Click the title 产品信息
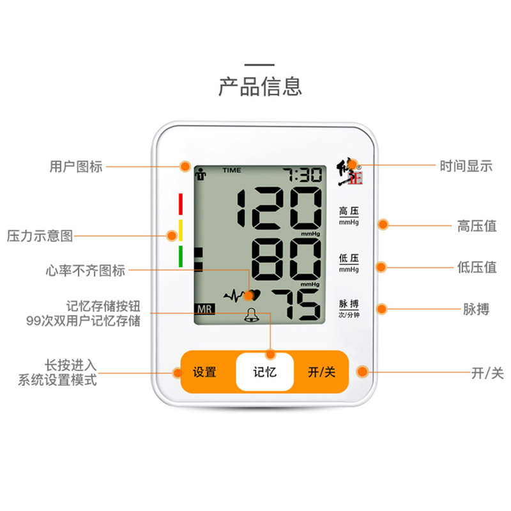click(260, 86)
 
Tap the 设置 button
click(204, 372)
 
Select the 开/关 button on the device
click(321, 372)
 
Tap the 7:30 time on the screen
click(303, 175)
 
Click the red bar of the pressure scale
click(181, 204)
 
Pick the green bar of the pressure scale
click(181, 256)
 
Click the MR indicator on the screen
click(205, 309)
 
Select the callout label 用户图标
click(76, 167)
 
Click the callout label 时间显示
click(466, 167)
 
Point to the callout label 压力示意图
click(40, 236)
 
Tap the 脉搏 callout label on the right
click(476, 309)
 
